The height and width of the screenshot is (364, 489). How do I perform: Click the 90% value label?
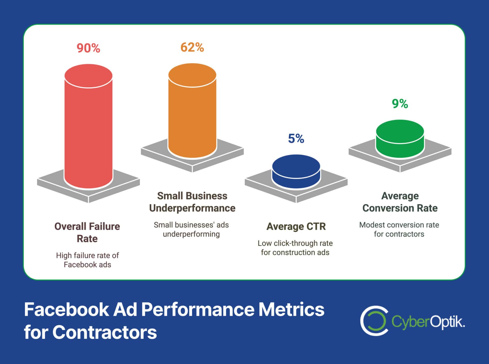coord(88,48)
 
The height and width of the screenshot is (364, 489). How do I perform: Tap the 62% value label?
coord(192,47)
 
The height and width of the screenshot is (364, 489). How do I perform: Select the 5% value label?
coord(296,139)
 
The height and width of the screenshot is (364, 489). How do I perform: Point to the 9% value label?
coord(400,104)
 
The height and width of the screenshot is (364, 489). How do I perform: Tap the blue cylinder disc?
coord(296,171)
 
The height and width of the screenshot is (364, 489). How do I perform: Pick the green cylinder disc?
coord(400,139)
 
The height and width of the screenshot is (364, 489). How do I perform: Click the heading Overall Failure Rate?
coord(87,232)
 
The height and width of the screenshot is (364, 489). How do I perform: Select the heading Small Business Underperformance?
coord(192,202)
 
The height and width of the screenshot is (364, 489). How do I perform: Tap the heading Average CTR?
coord(296,226)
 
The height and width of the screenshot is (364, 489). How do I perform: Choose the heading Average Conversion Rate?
coord(400,202)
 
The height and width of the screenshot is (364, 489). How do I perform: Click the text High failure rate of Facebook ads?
coord(87,260)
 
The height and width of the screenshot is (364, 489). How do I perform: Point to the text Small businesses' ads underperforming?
coord(191,229)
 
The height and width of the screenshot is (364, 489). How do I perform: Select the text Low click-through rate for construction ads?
coord(295,248)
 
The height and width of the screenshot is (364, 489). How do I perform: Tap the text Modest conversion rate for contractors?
coord(399,229)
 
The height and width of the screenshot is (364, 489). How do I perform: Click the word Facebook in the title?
coord(66,309)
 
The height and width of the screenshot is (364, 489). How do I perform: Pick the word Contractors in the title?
coord(104,332)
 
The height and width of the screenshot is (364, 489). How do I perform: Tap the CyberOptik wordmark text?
coord(428,322)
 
